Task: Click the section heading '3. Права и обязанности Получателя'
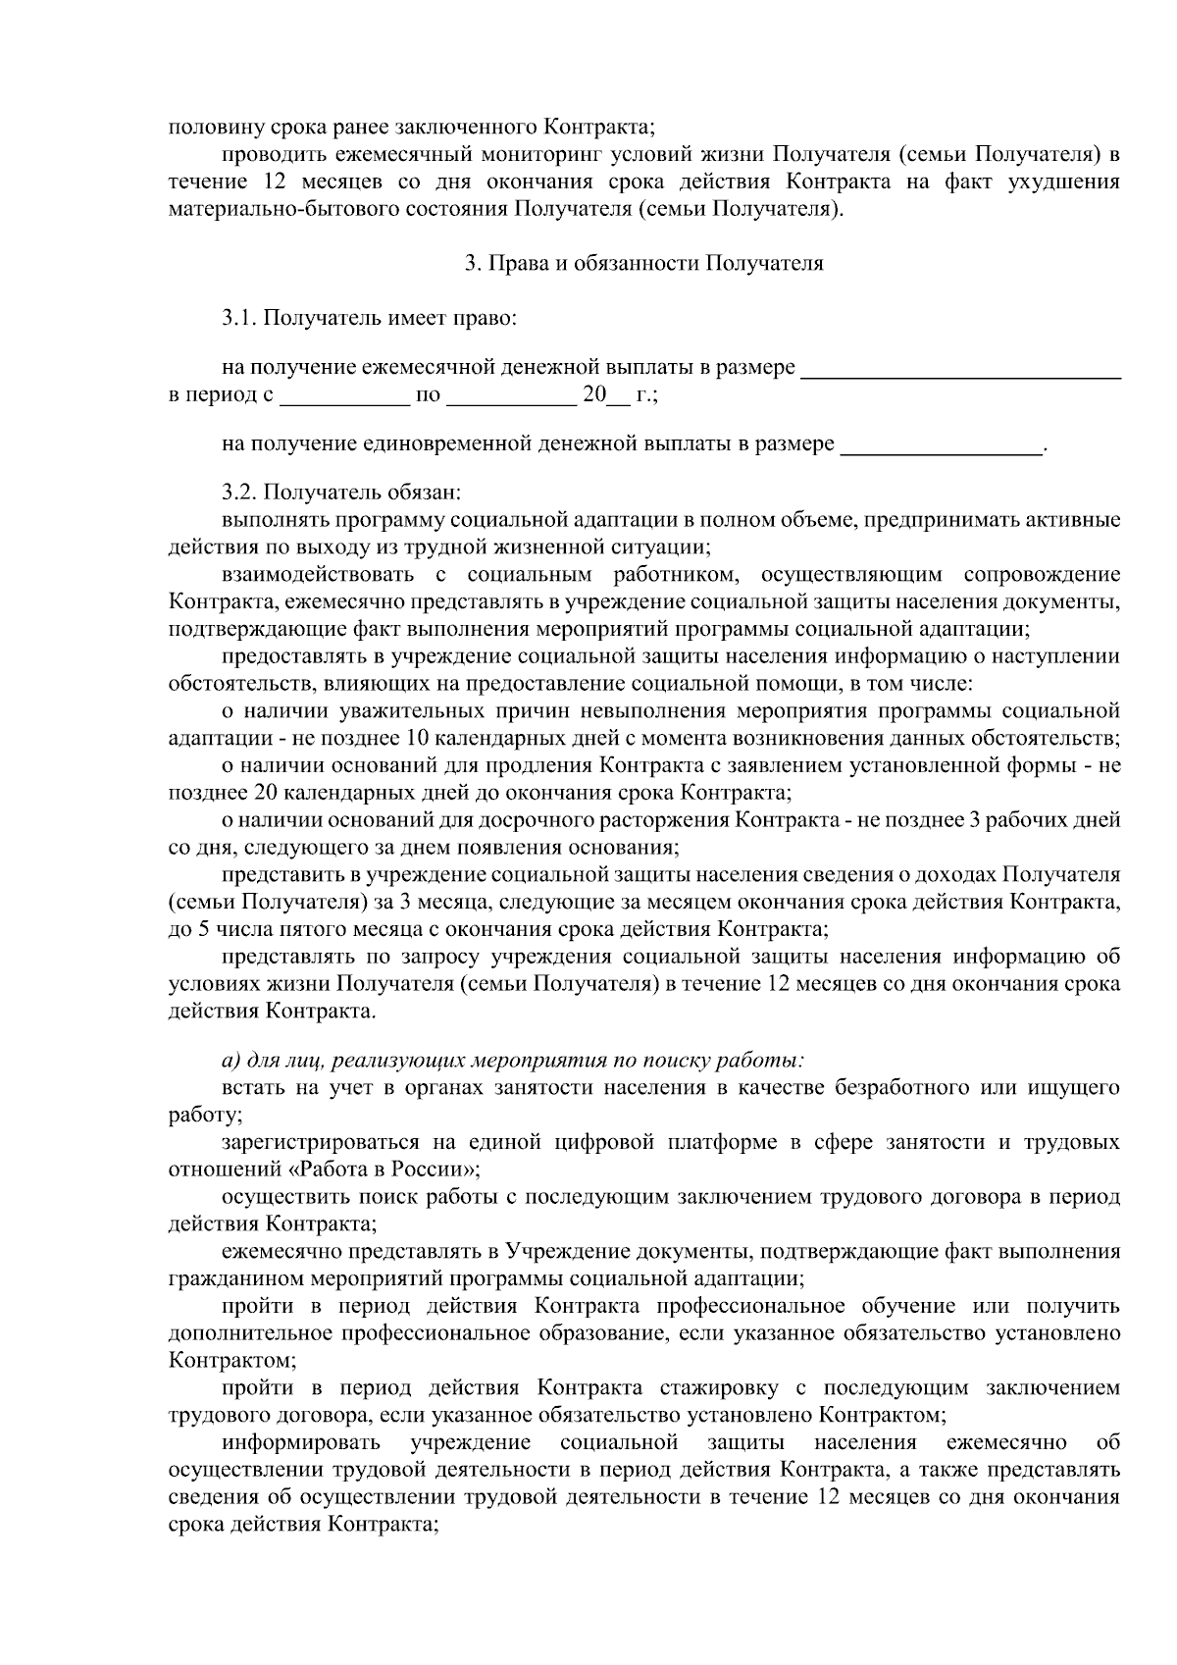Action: point(643,263)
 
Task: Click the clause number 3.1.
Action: point(238,318)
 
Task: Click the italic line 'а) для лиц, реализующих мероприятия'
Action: point(513,1060)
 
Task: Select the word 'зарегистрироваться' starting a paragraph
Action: point(313,1142)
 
